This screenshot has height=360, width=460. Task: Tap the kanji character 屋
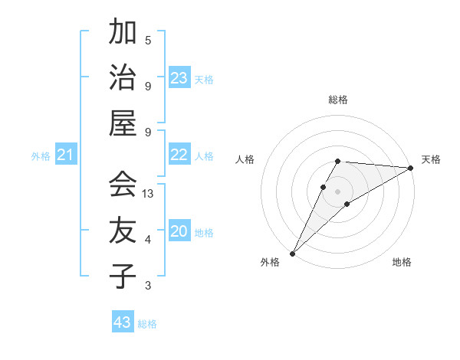(x=123, y=123)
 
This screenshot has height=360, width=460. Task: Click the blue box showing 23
(x=179, y=78)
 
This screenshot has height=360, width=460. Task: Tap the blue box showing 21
(x=66, y=156)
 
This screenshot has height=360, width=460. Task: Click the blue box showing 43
(x=123, y=322)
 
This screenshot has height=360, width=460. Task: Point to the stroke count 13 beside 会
(x=149, y=194)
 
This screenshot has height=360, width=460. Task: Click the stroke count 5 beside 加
(x=148, y=40)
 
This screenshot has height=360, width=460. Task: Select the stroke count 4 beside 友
(x=148, y=240)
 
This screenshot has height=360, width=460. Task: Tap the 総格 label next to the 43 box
(x=147, y=324)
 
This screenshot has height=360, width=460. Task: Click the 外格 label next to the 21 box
(x=41, y=157)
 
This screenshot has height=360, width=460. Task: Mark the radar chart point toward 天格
(x=410, y=168)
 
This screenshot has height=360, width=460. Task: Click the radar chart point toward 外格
(x=292, y=253)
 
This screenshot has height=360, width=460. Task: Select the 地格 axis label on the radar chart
(x=402, y=263)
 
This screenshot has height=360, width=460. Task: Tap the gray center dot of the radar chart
(x=337, y=191)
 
